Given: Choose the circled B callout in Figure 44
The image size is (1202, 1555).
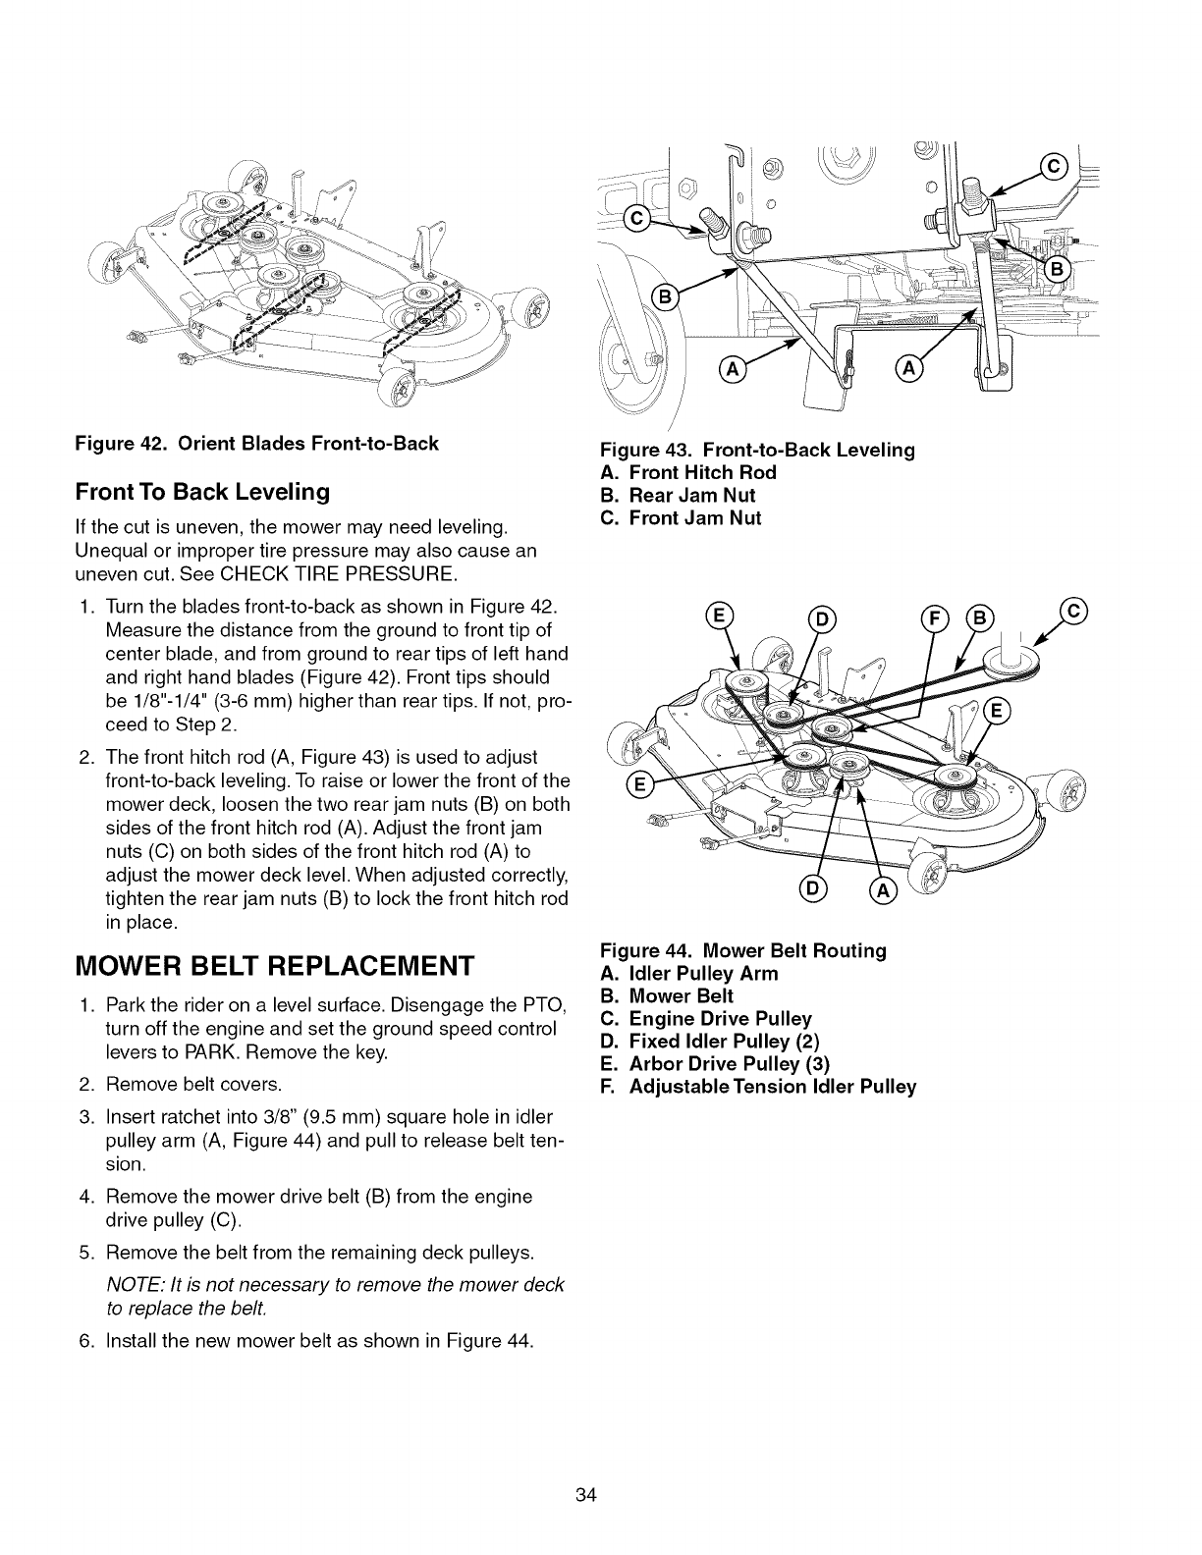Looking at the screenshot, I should [x=980, y=617].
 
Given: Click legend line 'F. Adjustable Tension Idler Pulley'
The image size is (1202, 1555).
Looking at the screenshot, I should [x=758, y=1087].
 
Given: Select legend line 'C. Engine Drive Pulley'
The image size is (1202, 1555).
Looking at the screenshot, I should [x=706, y=1019].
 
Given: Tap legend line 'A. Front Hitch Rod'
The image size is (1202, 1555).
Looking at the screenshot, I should [x=688, y=472].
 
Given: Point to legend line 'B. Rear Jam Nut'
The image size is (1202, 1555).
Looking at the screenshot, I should [x=678, y=495].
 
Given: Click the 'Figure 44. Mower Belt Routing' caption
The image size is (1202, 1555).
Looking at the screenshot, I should [x=743, y=950].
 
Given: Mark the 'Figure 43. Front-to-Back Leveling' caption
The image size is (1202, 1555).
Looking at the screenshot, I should [x=757, y=450].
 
